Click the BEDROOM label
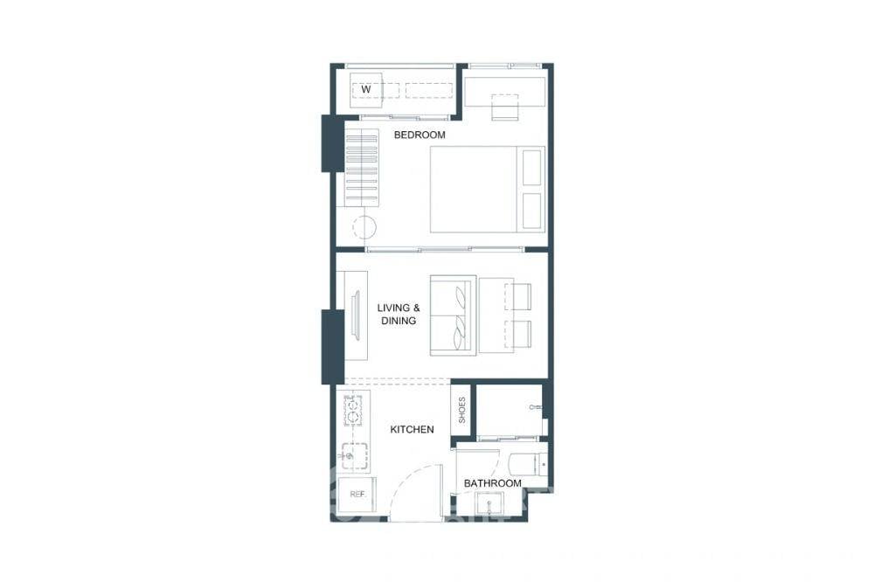pyautogui.click(x=420, y=135)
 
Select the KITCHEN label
pyautogui.click(x=412, y=429)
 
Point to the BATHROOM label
pyautogui.click(x=492, y=483)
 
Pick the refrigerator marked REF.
pyautogui.click(x=357, y=495)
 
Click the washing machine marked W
pyautogui.click(x=367, y=89)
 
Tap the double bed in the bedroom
pyautogui.click(x=486, y=189)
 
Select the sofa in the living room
pyautogui.click(x=453, y=315)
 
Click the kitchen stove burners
pyautogui.click(x=353, y=410)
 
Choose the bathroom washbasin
pyautogui.click(x=488, y=504)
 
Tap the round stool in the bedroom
pyautogui.click(x=364, y=227)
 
